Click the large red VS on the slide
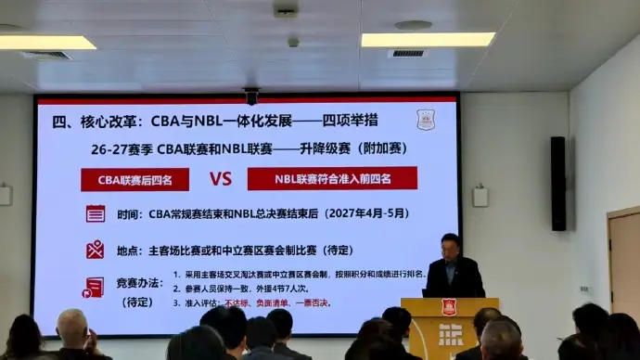click(x=220, y=178)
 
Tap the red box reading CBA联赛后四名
click(x=134, y=179)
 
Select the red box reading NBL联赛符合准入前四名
click(x=331, y=178)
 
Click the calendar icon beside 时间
click(x=95, y=213)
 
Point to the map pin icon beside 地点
click(x=95, y=249)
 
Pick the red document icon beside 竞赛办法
click(x=95, y=287)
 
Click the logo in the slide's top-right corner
click(x=426, y=119)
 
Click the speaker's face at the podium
click(x=451, y=246)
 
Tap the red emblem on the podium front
click(x=449, y=307)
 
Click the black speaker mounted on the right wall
click(x=557, y=183)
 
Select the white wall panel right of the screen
click(x=480, y=196)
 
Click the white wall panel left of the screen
click(x=5, y=195)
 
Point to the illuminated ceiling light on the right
click(x=428, y=40)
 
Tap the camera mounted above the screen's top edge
click(x=250, y=95)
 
